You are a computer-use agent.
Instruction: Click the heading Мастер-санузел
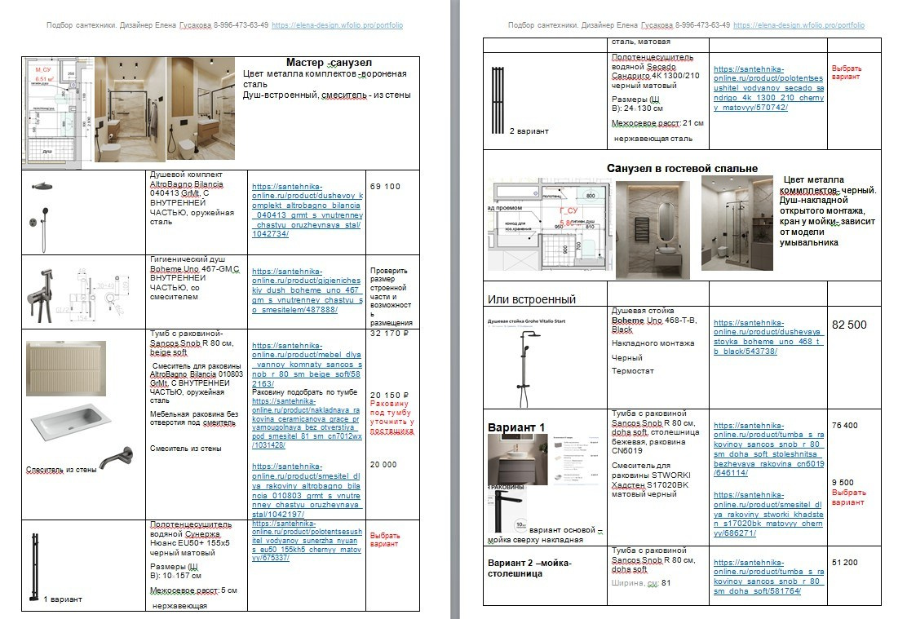[329, 63]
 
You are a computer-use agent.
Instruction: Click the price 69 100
[385, 187]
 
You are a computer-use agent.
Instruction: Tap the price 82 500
[849, 325]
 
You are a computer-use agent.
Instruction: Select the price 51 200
[844, 563]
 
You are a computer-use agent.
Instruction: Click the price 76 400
[844, 426]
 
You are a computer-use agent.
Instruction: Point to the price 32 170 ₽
[388, 334]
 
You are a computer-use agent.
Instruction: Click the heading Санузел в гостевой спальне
[682, 168]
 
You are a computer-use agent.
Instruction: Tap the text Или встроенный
[533, 299]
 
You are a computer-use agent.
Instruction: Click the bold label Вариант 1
[515, 427]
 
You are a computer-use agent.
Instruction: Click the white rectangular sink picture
[71, 425]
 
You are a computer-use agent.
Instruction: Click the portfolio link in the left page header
[337, 25]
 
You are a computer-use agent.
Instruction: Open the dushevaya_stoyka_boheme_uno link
[756, 337]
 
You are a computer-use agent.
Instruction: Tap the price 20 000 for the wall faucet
[384, 464]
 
